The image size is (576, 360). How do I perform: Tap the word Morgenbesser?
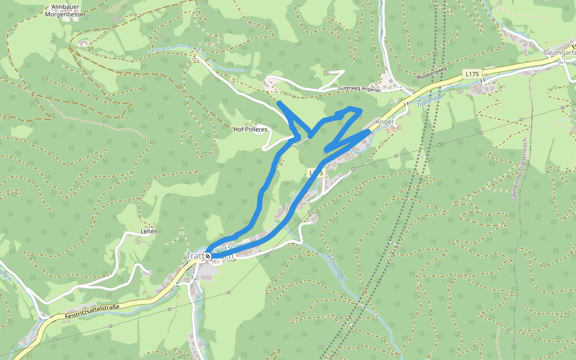(66, 14)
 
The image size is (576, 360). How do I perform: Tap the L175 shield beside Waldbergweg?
(472, 73)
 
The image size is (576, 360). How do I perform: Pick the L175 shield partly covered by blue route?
(316, 173)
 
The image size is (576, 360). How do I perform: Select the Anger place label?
(385, 121)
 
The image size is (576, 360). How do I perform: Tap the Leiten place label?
(148, 231)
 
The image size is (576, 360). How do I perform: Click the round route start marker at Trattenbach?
(208, 256)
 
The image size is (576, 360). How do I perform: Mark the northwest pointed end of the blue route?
(280, 103)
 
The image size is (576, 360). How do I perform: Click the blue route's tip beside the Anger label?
(368, 130)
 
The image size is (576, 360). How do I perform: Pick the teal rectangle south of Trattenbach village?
(197, 297)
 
